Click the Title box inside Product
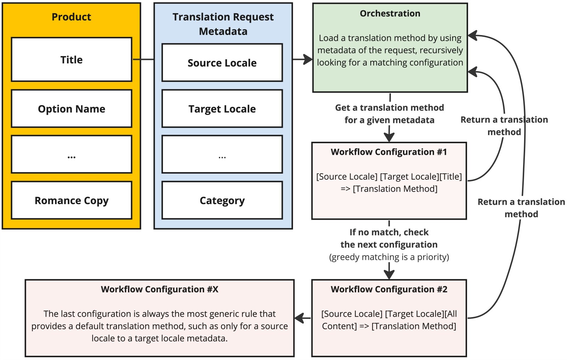[71, 60]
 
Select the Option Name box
[71, 108]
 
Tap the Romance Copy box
[71, 200]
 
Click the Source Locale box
[222, 63]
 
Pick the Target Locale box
[222, 108]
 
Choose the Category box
[222, 200]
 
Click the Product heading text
[71, 17]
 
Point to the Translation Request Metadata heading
[223, 24]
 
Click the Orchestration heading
[390, 13]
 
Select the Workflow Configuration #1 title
[389, 152]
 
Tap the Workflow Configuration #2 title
[389, 289]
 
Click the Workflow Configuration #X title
[159, 289]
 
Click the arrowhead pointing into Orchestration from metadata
[308, 60]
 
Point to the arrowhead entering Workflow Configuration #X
[300, 318]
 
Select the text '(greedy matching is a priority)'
[389, 257]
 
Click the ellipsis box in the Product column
[71, 154]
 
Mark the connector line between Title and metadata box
[143, 60]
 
